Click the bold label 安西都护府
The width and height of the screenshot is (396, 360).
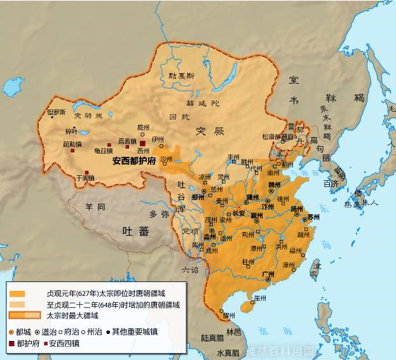pos(134,161)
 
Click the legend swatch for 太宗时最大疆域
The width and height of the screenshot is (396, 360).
pos(25,315)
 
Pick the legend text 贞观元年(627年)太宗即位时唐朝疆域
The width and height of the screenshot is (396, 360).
pos(107,294)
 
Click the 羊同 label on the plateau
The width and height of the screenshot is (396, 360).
pos(95,206)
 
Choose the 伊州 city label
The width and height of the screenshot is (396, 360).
pos(158,138)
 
